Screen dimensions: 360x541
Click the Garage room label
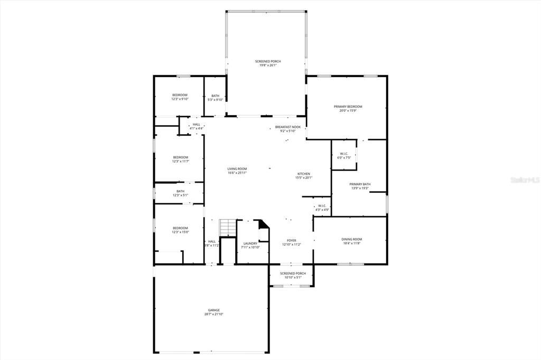(x=213, y=312)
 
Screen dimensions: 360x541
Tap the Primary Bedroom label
(x=348, y=108)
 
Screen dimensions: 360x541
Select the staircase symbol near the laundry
(x=227, y=228)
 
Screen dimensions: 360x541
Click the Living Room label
(x=237, y=170)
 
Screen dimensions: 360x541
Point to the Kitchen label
(x=303, y=176)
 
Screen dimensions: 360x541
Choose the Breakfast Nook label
(x=287, y=129)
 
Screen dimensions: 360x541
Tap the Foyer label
(x=291, y=242)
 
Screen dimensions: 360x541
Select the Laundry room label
(x=250, y=245)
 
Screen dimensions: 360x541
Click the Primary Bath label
(x=360, y=186)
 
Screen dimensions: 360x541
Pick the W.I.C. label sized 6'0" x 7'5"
(x=343, y=156)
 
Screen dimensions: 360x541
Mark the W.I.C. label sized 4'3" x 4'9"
(x=322, y=208)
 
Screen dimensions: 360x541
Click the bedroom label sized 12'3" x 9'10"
(x=180, y=97)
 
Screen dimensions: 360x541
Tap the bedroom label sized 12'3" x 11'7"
(x=180, y=159)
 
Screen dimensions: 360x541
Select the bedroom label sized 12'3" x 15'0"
(x=180, y=230)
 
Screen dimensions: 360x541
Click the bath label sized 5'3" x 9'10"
(x=216, y=98)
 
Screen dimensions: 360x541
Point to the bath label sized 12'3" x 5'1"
(x=180, y=193)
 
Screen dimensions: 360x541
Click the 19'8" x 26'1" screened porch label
(x=268, y=63)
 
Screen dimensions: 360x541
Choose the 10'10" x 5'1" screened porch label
(x=293, y=275)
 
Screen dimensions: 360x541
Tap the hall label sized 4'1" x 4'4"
(x=196, y=126)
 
